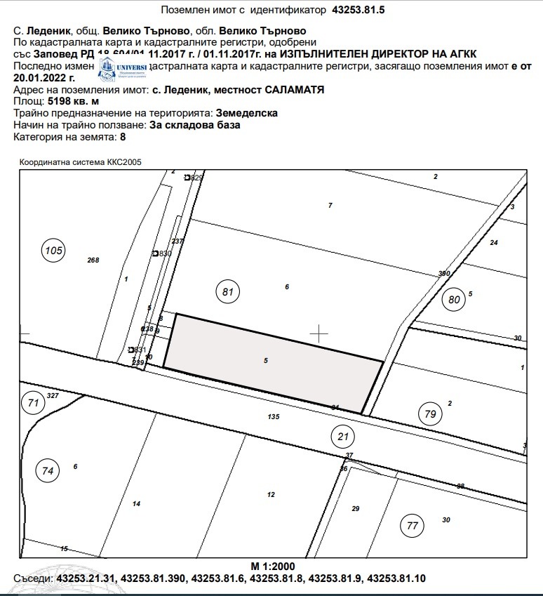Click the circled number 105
[53, 251]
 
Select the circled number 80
[455, 300]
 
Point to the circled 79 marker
[430, 414]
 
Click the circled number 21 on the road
[343, 437]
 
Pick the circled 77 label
[412, 525]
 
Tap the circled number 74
[48, 471]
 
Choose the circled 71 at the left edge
[32, 403]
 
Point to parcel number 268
[93, 260]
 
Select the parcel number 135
[274, 417]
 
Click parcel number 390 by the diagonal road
[443, 273]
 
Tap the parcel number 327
[52, 397]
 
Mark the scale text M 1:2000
[273, 566]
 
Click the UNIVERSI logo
[122, 68]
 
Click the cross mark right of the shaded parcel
[319, 333]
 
